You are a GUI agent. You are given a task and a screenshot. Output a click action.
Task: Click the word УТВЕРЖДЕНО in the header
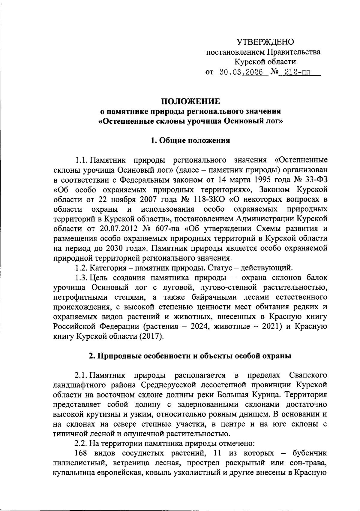(265, 41)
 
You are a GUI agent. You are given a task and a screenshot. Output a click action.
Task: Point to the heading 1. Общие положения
(190, 140)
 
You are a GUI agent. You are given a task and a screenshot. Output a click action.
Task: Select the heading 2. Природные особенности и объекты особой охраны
(190, 356)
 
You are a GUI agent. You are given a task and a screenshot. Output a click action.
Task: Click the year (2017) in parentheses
(151, 336)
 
